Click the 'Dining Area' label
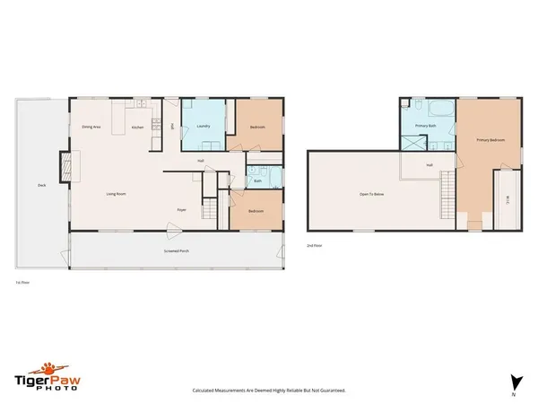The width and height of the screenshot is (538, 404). click(x=90, y=127)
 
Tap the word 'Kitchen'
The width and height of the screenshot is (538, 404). click(x=137, y=127)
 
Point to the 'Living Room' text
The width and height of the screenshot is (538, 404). click(x=116, y=193)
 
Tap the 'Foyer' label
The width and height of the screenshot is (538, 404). click(x=181, y=209)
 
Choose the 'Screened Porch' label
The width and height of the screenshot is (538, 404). click(x=175, y=250)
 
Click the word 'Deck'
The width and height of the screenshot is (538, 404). click(x=41, y=186)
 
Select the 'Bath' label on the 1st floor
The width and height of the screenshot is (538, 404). click(x=257, y=181)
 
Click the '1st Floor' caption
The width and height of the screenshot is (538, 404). click(x=22, y=282)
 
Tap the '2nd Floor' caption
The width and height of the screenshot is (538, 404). click(x=314, y=245)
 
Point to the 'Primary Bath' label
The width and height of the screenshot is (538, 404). click(x=425, y=127)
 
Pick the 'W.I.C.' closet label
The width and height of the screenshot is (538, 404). click(x=507, y=199)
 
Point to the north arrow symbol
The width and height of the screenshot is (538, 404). click(x=514, y=380)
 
